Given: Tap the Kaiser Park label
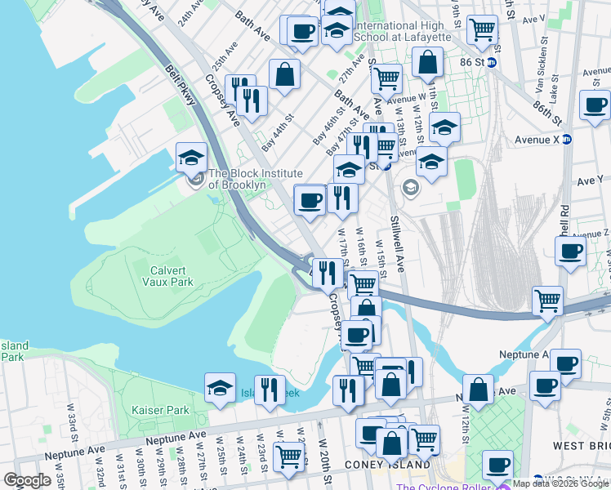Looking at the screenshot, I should [x=160, y=410].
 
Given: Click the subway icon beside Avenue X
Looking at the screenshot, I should [x=567, y=139].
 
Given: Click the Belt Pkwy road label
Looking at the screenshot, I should [x=180, y=85].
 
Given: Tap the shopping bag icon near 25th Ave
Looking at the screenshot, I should [x=283, y=75].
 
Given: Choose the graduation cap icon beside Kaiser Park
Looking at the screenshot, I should [x=220, y=390].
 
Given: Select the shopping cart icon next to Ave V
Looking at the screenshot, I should [x=482, y=29].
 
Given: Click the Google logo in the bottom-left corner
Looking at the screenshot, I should [x=27, y=479].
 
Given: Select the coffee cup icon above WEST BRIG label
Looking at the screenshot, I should [x=545, y=385].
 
